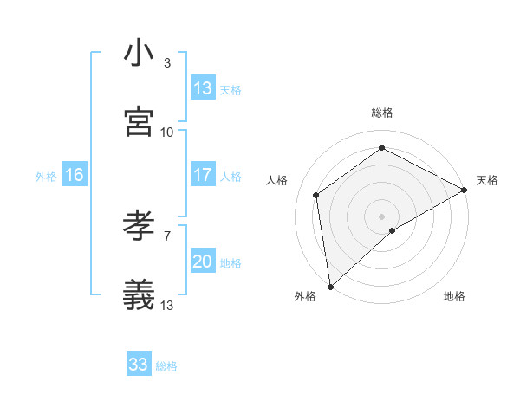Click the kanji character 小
(140, 55)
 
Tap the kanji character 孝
(140, 227)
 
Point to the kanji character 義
(140, 294)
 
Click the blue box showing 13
(203, 88)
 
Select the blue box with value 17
(203, 175)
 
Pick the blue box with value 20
(203, 262)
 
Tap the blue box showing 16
(75, 175)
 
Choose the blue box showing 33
(139, 365)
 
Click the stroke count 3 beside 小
(167, 63)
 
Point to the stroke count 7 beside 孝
(167, 236)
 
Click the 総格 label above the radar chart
(382, 113)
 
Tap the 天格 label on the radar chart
(487, 180)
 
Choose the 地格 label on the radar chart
(454, 296)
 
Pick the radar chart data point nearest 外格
(330, 286)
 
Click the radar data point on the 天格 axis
(465, 190)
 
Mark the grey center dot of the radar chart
(382, 216)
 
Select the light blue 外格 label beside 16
(46, 176)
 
